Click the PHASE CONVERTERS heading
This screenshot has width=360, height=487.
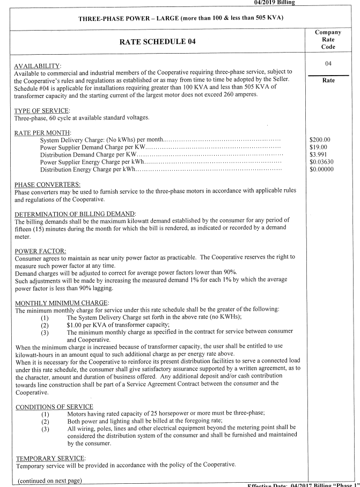coord(48,184)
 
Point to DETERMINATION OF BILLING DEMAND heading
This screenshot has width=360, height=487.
coord(75,213)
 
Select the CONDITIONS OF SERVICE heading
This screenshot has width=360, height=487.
coord(54,407)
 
